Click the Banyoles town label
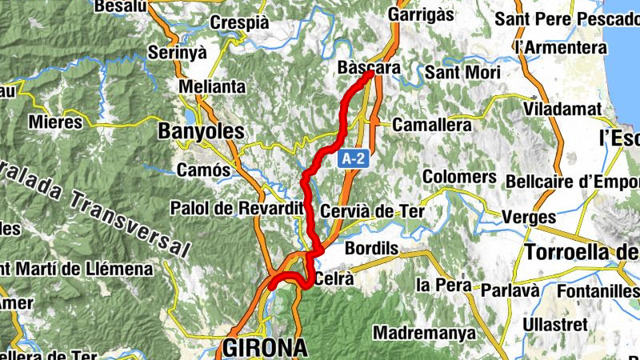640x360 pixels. coord(201,130)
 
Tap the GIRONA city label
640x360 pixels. coord(265,348)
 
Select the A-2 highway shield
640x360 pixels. coord(353,159)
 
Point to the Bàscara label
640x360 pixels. coord(369,68)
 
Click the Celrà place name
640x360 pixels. coord(335,279)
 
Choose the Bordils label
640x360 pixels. coord(371,249)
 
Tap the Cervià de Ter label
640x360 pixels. coord(371,211)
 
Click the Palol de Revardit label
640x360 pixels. coord(238,208)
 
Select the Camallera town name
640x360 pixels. coord(431,126)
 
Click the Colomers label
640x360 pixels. coord(459,176)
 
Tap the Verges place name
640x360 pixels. coord(529,217)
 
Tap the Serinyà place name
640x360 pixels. coord(178,53)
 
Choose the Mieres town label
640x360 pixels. coord(55,122)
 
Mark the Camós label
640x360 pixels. coord(203,170)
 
